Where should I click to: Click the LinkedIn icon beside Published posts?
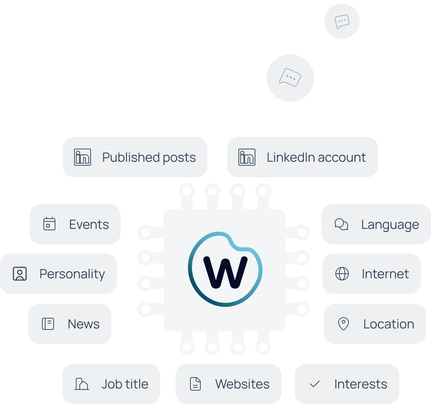tap(83, 157)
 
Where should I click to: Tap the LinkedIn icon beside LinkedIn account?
tap(247, 157)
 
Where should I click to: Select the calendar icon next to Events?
tap(49, 224)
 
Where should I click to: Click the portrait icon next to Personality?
tap(20, 274)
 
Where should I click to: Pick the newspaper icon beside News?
tap(48, 324)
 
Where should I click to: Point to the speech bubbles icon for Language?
tap(341, 224)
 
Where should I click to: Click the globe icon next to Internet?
tap(342, 274)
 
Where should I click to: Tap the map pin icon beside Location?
tap(343, 324)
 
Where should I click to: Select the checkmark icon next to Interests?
tap(315, 384)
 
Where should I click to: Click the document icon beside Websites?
tap(195, 384)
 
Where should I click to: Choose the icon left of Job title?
tap(82, 384)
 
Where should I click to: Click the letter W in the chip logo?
tap(225, 272)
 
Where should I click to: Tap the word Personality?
tap(72, 274)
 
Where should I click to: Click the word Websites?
tap(242, 384)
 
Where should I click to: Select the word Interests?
tap(360, 384)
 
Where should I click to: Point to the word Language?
tap(390, 225)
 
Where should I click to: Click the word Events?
tap(89, 224)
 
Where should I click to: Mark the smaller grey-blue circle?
tap(342, 21)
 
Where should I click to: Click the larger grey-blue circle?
tap(290, 78)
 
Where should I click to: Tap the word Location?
tap(389, 324)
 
